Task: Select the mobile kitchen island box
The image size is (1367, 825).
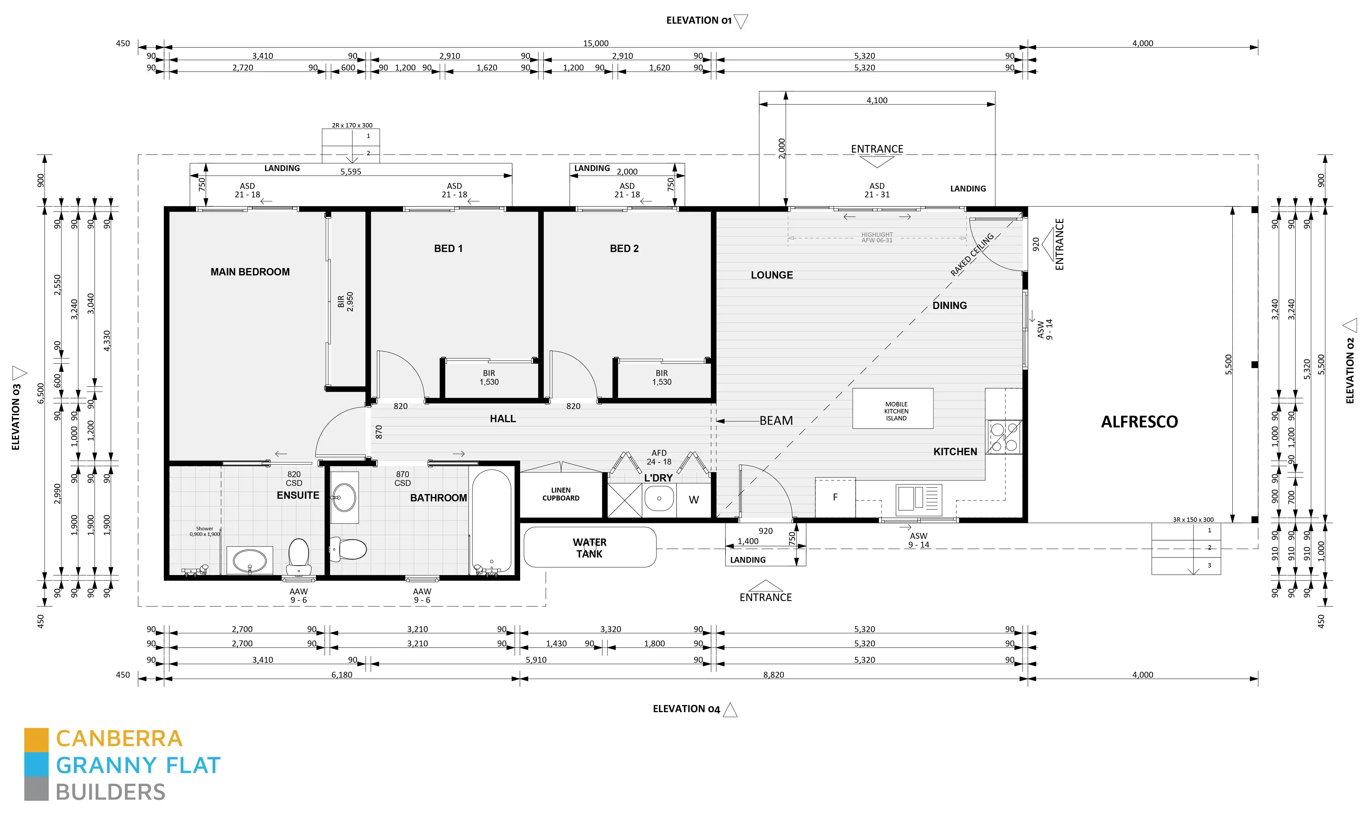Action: click(892, 409)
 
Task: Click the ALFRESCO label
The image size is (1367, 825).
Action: click(1139, 422)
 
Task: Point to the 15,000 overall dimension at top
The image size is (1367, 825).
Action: click(595, 43)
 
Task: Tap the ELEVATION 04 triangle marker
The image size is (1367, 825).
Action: click(730, 710)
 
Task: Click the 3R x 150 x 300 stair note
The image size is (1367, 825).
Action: click(1193, 519)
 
